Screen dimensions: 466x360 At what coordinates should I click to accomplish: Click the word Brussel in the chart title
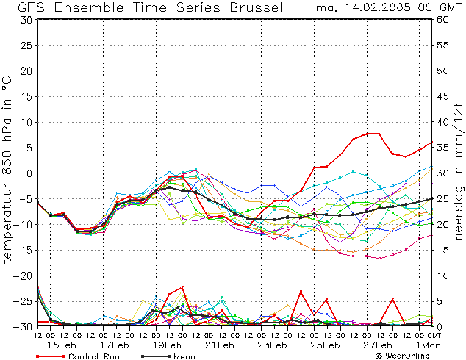pyautogui.click(x=257, y=7)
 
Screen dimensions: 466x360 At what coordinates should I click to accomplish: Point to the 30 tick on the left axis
pyautogui.click(x=26, y=20)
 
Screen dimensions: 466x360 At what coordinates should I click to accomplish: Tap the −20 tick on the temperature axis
pyautogui.click(x=23, y=276)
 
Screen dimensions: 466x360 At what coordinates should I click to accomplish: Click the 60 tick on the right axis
pyautogui.click(x=442, y=20)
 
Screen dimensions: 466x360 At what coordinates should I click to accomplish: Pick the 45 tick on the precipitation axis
pyautogui.click(x=442, y=96)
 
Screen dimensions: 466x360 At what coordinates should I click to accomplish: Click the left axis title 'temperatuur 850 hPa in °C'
pyautogui.click(x=7, y=170)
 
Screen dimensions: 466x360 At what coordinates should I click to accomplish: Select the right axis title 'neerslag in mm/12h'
pyautogui.click(x=459, y=170)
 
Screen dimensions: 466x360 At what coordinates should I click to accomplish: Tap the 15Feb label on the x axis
pyautogui.click(x=62, y=345)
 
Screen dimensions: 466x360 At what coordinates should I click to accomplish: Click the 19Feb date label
pyautogui.click(x=167, y=345)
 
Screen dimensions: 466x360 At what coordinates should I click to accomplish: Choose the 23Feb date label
pyautogui.click(x=272, y=345)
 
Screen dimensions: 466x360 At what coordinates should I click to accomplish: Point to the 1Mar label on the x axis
pyautogui.click(x=427, y=345)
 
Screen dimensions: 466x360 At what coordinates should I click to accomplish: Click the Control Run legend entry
pyautogui.click(x=78, y=356)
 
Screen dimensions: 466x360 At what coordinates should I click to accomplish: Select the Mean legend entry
pyautogui.click(x=168, y=356)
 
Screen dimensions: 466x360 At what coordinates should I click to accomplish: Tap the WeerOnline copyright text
pyautogui.click(x=403, y=356)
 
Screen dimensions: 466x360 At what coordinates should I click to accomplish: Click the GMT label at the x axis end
pyautogui.click(x=434, y=336)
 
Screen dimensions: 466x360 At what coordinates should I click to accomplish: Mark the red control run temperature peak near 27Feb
pyautogui.click(x=373, y=134)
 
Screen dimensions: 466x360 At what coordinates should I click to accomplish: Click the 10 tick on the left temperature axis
pyautogui.click(x=26, y=123)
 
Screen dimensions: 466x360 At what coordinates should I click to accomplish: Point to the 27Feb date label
pyautogui.click(x=378, y=345)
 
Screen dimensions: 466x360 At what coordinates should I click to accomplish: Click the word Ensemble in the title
pyautogui.click(x=88, y=7)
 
